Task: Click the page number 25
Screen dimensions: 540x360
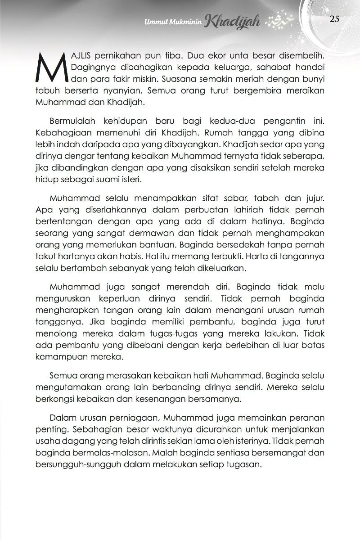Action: (334, 18)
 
